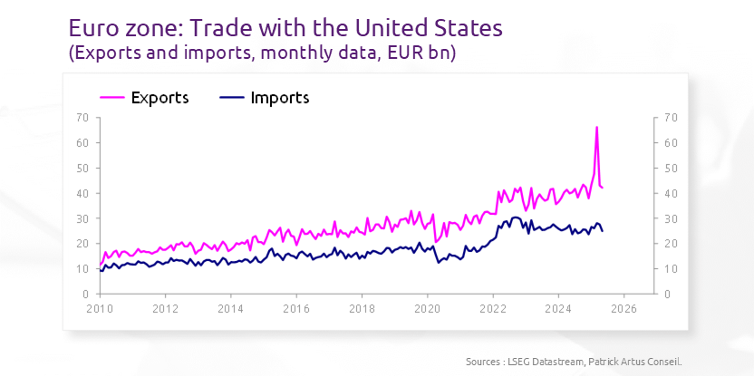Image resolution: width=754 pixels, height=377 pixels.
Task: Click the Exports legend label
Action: pyautogui.click(x=159, y=98)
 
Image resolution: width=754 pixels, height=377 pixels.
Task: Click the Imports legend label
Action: pyautogui.click(x=280, y=98)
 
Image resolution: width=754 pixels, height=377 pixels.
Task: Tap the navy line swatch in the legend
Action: pyautogui.click(x=232, y=98)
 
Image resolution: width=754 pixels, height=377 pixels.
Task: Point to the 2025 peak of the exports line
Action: pyautogui.click(x=596, y=127)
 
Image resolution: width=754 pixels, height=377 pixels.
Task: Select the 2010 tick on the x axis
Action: pyautogui.click(x=100, y=308)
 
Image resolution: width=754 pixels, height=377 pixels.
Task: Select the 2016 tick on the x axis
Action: pyautogui.click(x=296, y=308)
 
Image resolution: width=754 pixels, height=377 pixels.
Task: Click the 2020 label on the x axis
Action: pyautogui.click(x=427, y=308)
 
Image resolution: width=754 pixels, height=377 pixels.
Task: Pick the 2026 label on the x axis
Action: pyautogui.click(x=623, y=308)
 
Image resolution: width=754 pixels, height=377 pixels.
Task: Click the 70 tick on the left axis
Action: pyautogui.click(x=82, y=118)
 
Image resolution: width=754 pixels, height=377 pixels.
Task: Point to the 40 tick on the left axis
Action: pyautogui.click(x=82, y=193)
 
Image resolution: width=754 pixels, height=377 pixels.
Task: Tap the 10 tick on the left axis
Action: pyautogui.click(x=82, y=269)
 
